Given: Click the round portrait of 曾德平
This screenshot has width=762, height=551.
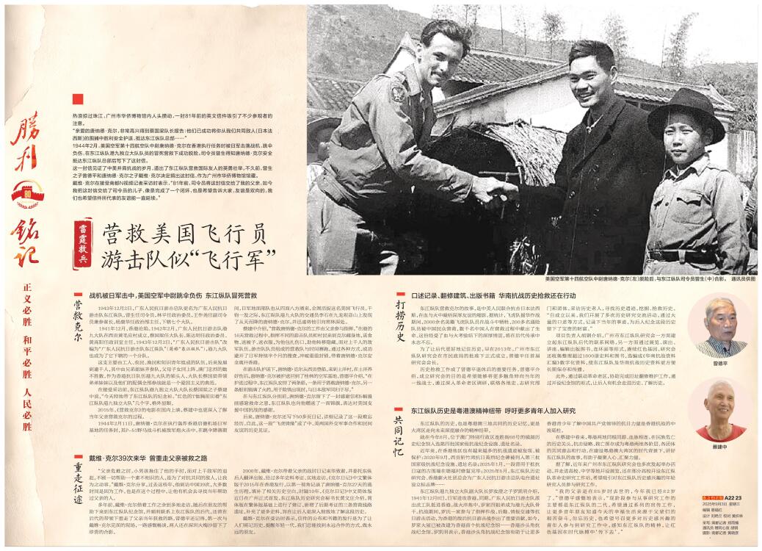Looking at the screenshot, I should (x=719, y=324).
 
